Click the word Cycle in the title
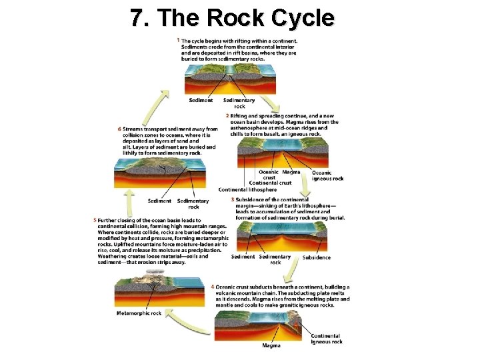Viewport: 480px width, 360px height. tap(296, 18)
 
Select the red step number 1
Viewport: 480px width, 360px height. tap(179, 41)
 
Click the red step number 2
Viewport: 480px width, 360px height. tap(227, 115)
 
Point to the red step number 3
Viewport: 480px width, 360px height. tap(232, 199)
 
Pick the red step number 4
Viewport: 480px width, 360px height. tap(212, 287)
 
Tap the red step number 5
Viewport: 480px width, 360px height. tap(95, 220)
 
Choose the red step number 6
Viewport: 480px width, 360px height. tap(119, 129)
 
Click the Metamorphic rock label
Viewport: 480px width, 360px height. tap(139, 313)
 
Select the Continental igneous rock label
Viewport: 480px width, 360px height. tap(327, 339)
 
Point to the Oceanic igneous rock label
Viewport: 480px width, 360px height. tap(327, 175)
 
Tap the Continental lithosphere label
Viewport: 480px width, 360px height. tap(247, 190)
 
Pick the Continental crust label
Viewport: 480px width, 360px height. tap(270, 183)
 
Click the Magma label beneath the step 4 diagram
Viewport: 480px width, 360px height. tap(271, 345)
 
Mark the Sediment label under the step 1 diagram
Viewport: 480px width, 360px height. tap(201, 101)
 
